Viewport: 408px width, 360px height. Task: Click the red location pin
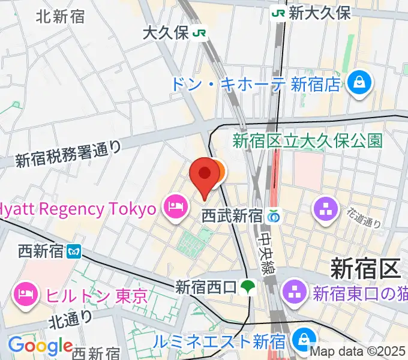click(204, 176)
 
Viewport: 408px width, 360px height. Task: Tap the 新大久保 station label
click(320, 13)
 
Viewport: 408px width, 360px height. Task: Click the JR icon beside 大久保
click(199, 34)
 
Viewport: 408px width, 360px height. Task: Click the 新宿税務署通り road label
click(68, 154)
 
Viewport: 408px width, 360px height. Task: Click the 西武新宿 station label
click(232, 215)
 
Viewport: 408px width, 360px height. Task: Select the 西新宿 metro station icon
click(74, 251)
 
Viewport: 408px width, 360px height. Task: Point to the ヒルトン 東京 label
click(92, 295)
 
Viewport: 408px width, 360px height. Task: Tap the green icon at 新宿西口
click(247, 287)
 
